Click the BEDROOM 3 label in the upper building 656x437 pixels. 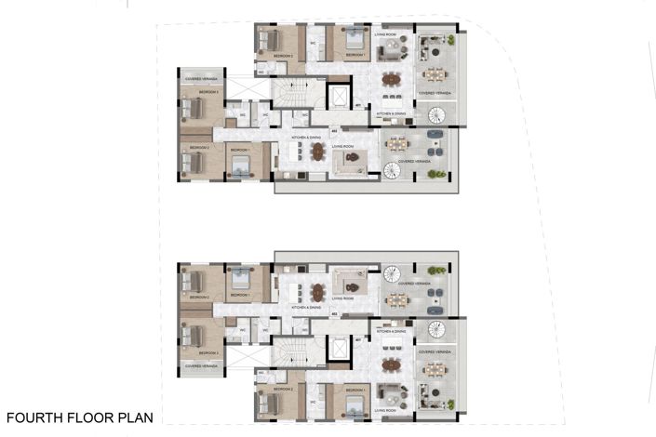point(208,93)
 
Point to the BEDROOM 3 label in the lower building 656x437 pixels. point(208,353)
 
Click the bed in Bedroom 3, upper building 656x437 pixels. point(196,108)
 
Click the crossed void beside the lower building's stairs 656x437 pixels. point(248,358)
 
